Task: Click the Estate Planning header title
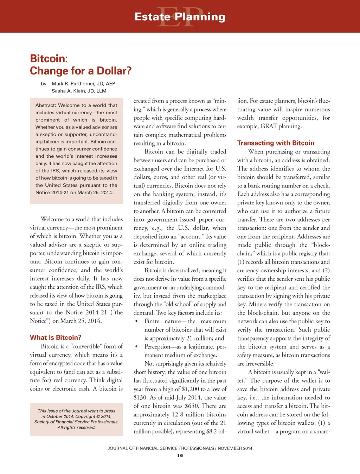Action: pos(180,17)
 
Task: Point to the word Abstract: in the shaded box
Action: pos(46,105)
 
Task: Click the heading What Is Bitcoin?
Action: pos(56,338)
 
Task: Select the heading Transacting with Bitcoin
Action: pos(276,143)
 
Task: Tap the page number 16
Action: pos(180,456)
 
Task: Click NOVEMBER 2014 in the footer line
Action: pos(235,448)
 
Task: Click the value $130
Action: pos(140,397)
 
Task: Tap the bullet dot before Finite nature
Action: pos(136,322)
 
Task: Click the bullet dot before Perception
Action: pos(136,347)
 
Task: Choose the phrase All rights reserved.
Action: pos(76,428)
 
